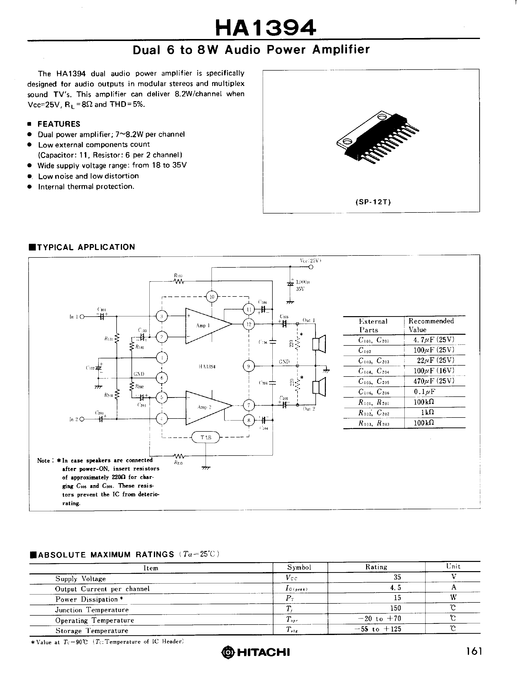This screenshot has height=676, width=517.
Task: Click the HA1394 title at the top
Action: point(265,28)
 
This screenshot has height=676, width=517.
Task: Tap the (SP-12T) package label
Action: point(373,202)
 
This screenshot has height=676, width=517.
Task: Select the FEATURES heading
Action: point(58,124)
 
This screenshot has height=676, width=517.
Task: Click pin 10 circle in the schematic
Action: point(212,297)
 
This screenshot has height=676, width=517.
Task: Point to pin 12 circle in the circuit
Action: point(249,324)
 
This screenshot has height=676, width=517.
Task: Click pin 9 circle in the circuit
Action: point(249,366)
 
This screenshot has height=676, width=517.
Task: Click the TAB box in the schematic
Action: point(206,437)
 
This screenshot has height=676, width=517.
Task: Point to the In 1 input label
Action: point(74,316)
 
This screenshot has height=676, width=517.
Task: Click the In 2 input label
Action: point(74,419)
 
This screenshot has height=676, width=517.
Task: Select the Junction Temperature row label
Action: point(92,610)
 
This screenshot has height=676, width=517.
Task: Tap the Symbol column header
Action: point(299,567)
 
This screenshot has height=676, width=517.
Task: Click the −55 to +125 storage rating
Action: point(378,629)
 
